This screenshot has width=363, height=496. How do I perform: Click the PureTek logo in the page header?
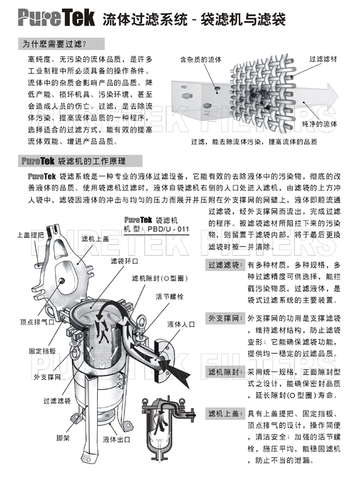[x=56, y=17]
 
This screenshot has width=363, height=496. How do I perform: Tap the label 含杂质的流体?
[x=201, y=59]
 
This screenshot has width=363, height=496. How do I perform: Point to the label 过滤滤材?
[x=323, y=59]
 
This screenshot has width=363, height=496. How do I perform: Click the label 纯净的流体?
[x=319, y=124]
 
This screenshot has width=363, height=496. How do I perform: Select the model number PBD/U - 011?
[x=168, y=229]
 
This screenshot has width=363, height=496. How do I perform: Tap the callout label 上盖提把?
[x=30, y=235]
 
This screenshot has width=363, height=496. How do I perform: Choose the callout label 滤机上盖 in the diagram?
[x=95, y=239]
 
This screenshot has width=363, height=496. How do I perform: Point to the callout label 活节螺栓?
[x=170, y=297]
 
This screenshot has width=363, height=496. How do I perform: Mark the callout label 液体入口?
[x=181, y=324]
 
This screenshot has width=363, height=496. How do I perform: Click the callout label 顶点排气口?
[x=37, y=322]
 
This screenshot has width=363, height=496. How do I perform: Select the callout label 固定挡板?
[x=42, y=351]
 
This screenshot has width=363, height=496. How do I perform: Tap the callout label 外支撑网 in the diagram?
[x=47, y=377]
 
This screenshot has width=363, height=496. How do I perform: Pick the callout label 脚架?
[x=63, y=438]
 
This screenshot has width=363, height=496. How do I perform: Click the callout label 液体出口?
[x=116, y=440]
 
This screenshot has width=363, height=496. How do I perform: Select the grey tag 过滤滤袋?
[x=225, y=265]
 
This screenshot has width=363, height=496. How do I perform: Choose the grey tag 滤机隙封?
[x=225, y=372]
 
